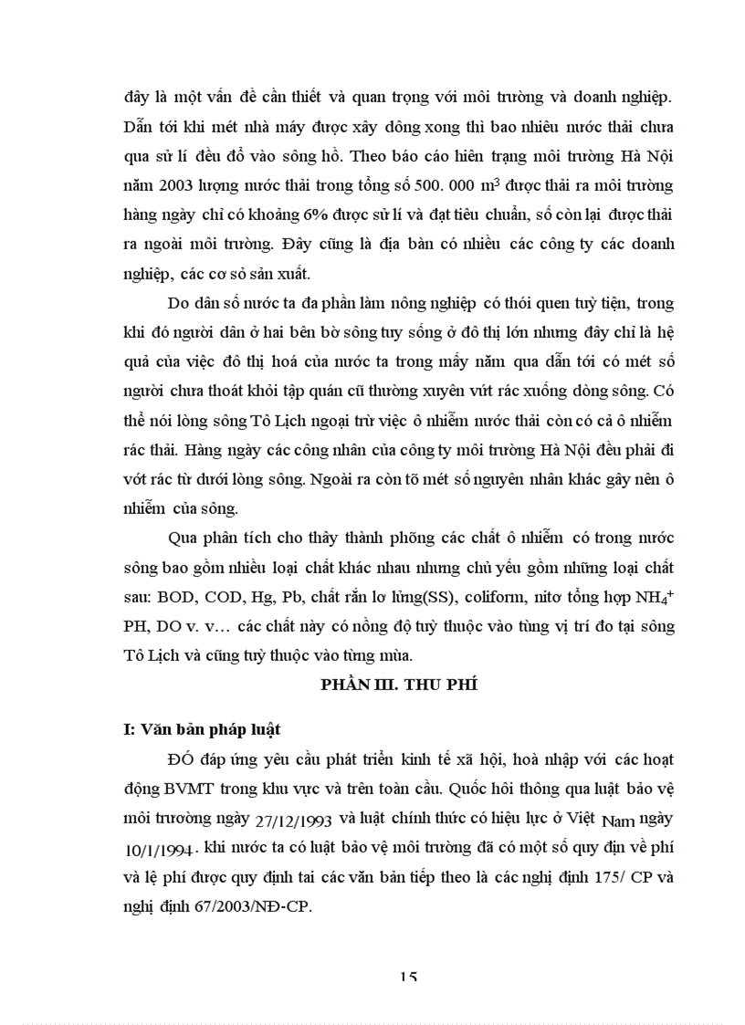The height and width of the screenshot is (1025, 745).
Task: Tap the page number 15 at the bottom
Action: pyautogui.click(x=408, y=978)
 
